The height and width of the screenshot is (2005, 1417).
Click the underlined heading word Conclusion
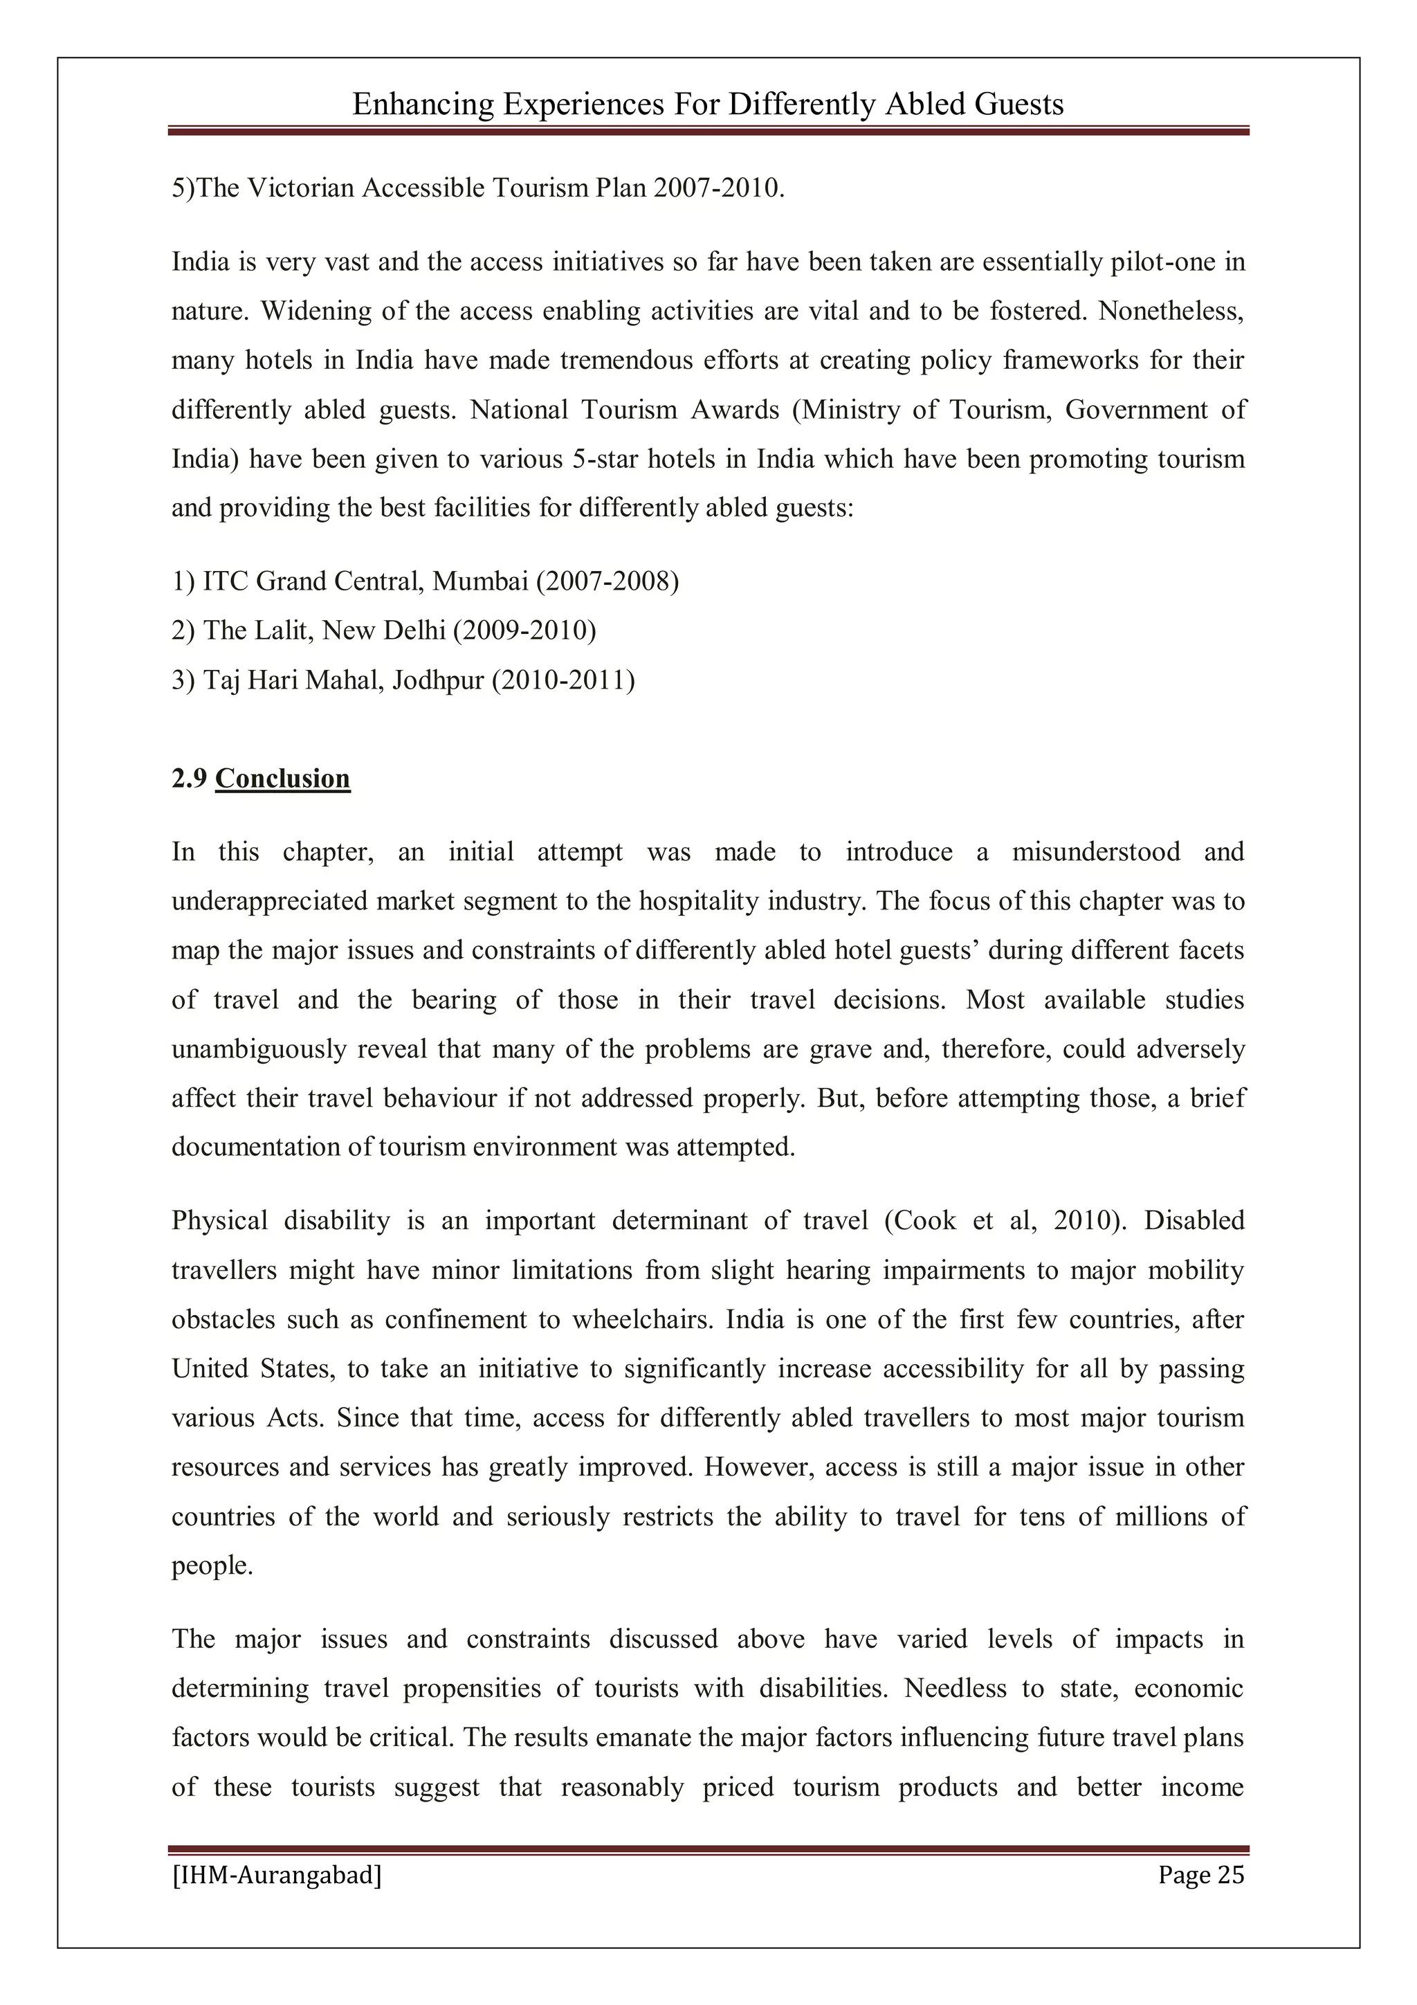click(x=282, y=778)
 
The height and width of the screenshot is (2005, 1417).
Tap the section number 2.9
click(x=189, y=778)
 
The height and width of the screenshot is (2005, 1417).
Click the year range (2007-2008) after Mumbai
click(x=607, y=581)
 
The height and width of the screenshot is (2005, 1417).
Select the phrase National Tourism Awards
click(x=624, y=410)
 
